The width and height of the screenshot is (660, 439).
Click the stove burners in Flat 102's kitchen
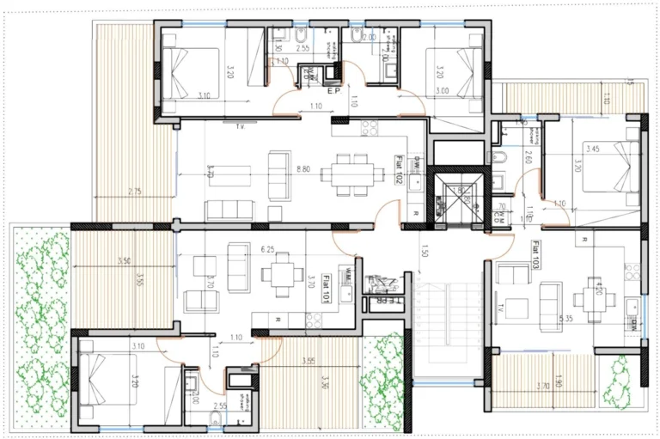coord(370,129)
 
